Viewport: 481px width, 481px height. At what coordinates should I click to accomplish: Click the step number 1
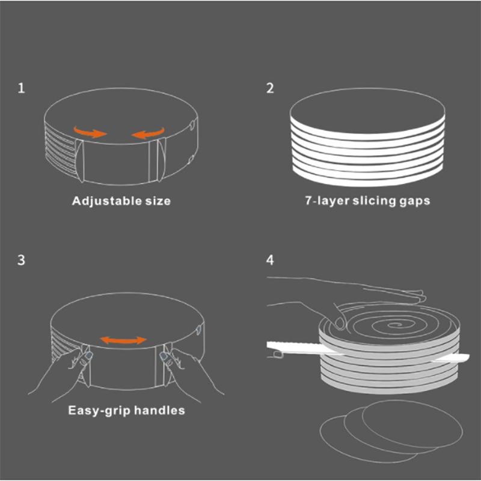click(x=21, y=88)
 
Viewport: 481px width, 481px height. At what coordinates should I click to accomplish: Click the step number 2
click(x=270, y=88)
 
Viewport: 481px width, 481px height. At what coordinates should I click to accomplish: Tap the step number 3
click(x=21, y=260)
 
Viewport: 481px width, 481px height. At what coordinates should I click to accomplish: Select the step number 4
click(x=270, y=260)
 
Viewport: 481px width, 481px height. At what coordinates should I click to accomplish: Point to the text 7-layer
click(x=327, y=201)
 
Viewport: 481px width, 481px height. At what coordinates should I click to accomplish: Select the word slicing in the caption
click(x=374, y=201)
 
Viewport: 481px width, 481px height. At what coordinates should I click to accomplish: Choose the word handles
click(x=159, y=410)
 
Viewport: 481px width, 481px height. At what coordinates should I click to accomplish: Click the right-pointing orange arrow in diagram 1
click(x=90, y=132)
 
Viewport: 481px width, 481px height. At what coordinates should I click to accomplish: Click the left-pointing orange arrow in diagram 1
click(x=148, y=133)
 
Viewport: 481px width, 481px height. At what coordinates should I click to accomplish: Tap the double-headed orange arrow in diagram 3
click(x=124, y=340)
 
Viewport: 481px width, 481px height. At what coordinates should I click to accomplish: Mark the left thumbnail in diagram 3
click(x=88, y=355)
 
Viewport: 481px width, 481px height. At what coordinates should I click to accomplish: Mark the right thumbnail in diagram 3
click(x=164, y=356)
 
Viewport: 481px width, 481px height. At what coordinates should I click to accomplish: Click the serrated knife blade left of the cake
click(x=294, y=348)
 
